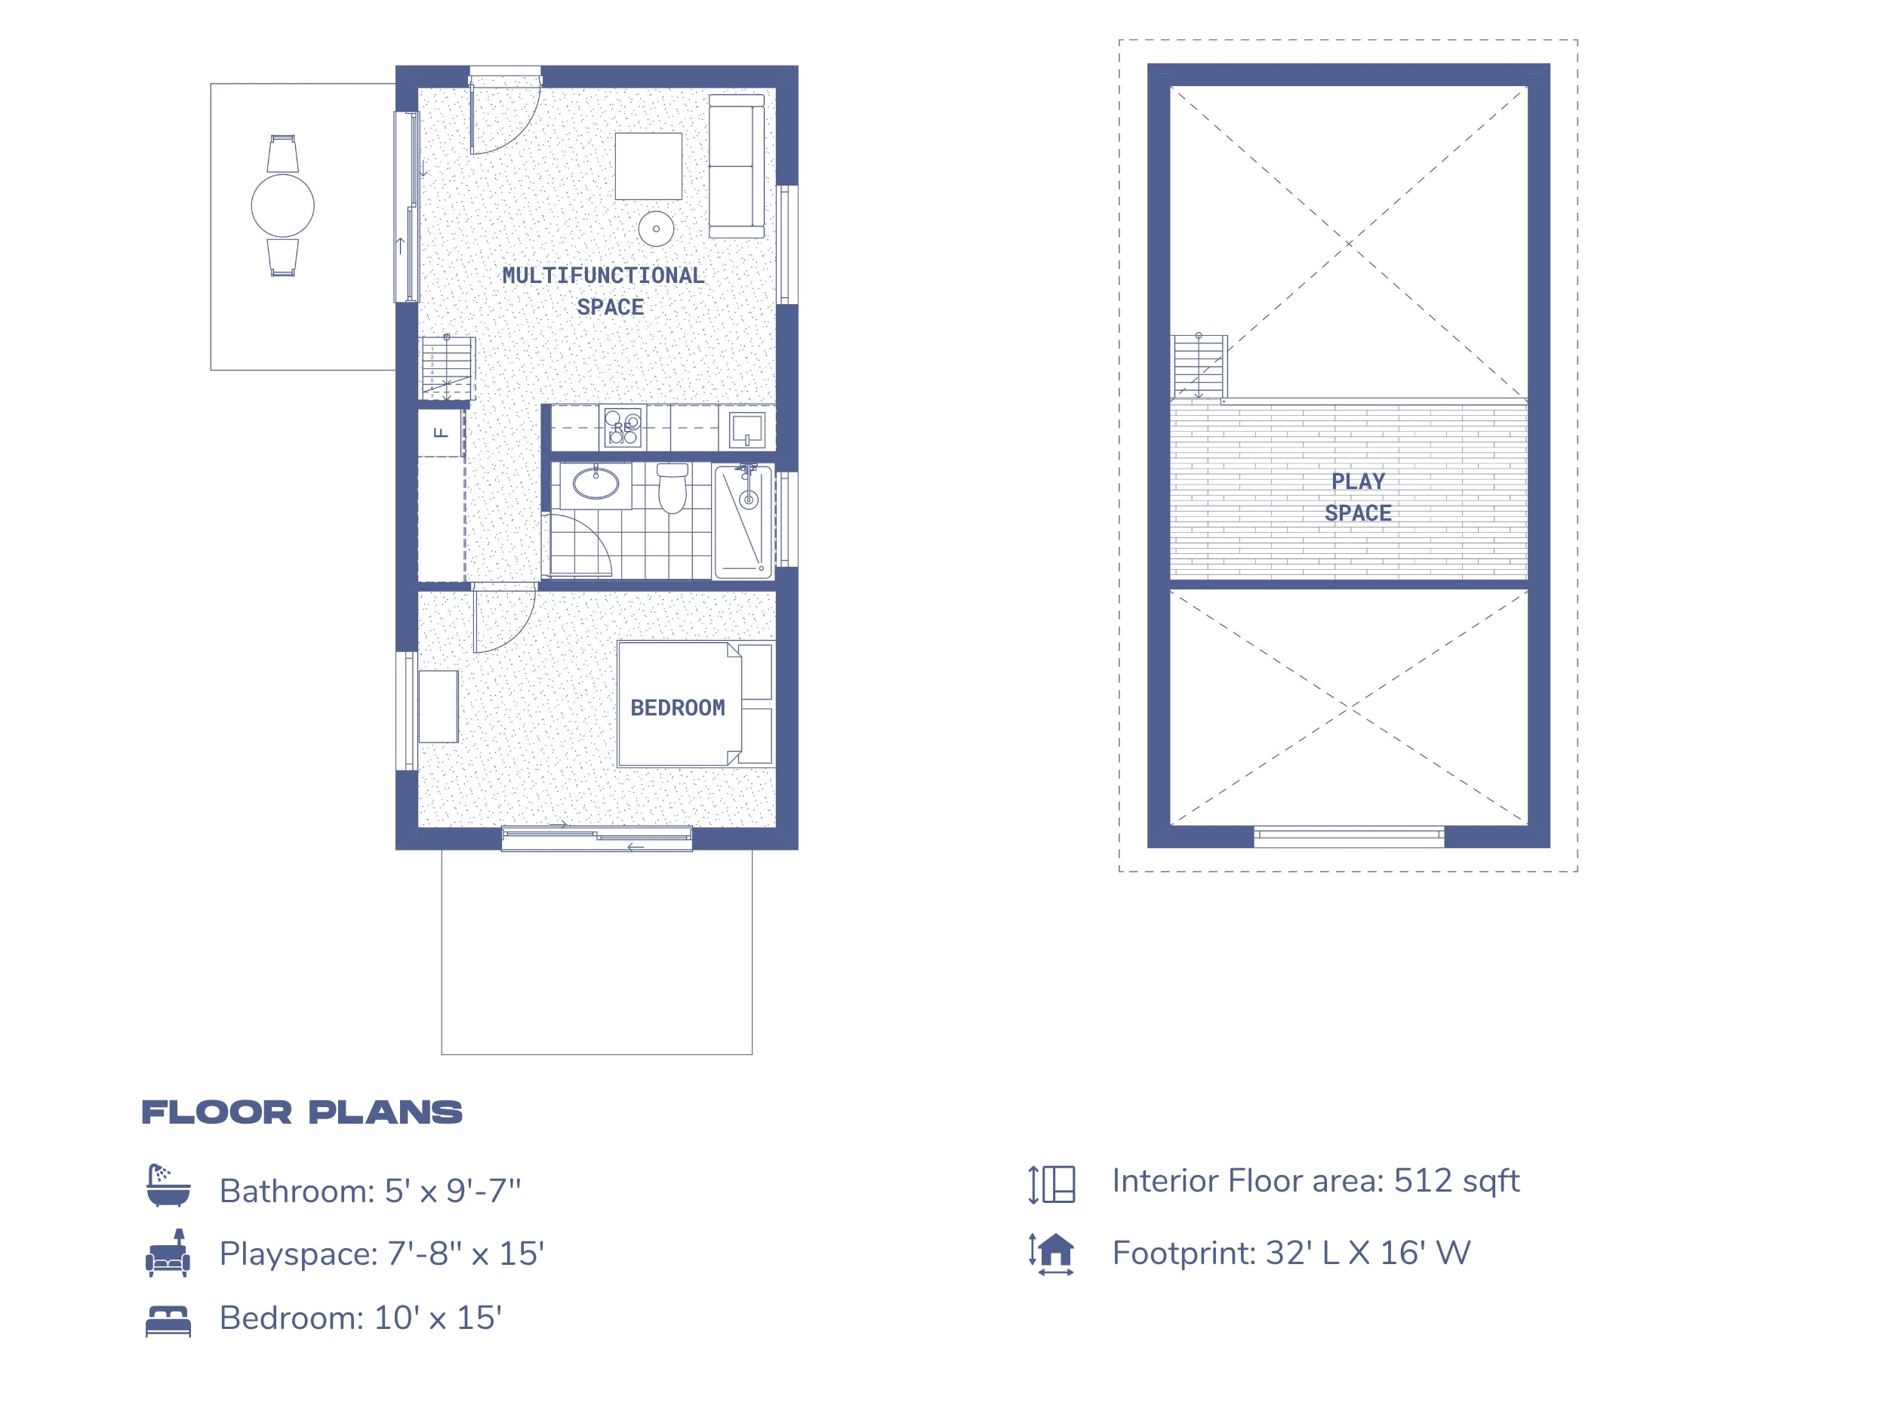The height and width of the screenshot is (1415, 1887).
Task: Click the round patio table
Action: click(282, 205)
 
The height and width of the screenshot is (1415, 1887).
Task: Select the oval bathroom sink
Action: click(596, 483)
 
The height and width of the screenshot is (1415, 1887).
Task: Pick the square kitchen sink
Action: click(747, 429)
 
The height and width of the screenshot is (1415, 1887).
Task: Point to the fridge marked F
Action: click(440, 432)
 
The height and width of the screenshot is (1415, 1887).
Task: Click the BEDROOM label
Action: click(677, 707)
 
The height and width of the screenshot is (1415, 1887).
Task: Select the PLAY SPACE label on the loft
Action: click(1357, 497)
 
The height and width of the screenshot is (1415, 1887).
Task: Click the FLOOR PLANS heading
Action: click(301, 1112)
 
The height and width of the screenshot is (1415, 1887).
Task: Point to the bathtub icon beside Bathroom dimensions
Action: click(168, 1186)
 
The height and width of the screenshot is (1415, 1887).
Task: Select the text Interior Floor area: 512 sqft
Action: click(1315, 1181)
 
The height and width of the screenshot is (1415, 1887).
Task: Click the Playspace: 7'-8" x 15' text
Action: click(381, 1254)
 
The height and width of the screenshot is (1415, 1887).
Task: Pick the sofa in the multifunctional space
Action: click(736, 166)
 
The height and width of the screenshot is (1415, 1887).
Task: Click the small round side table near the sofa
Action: click(656, 229)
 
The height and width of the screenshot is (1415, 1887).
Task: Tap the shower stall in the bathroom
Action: click(743, 521)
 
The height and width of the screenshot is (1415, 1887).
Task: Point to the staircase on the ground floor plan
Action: click(446, 368)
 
